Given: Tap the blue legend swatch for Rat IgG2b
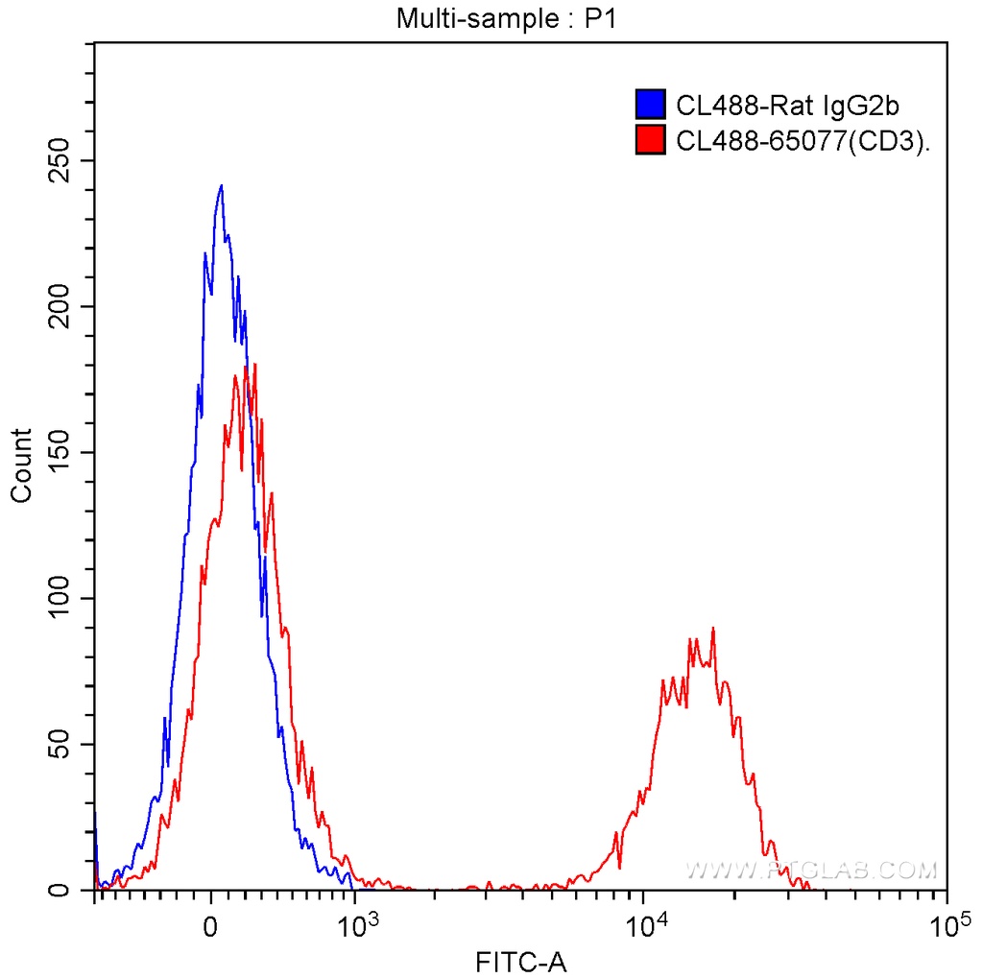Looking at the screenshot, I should [650, 106].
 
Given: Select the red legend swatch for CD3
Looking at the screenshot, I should [650, 140].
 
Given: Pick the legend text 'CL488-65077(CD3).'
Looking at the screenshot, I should [804, 141].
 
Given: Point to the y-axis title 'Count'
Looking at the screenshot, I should [20, 465].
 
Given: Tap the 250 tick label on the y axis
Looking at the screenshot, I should [59, 160].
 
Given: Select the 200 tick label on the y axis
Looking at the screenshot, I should [59, 306].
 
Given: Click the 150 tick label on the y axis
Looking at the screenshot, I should [59, 452].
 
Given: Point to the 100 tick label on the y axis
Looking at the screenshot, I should [59, 598].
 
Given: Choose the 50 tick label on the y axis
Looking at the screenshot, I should [59, 744].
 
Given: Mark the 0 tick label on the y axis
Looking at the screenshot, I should [59, 890].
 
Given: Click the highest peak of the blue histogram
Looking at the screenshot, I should [221, 186].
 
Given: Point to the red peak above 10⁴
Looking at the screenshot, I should [713, 630].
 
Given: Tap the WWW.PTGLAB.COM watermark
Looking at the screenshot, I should [811, 871].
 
